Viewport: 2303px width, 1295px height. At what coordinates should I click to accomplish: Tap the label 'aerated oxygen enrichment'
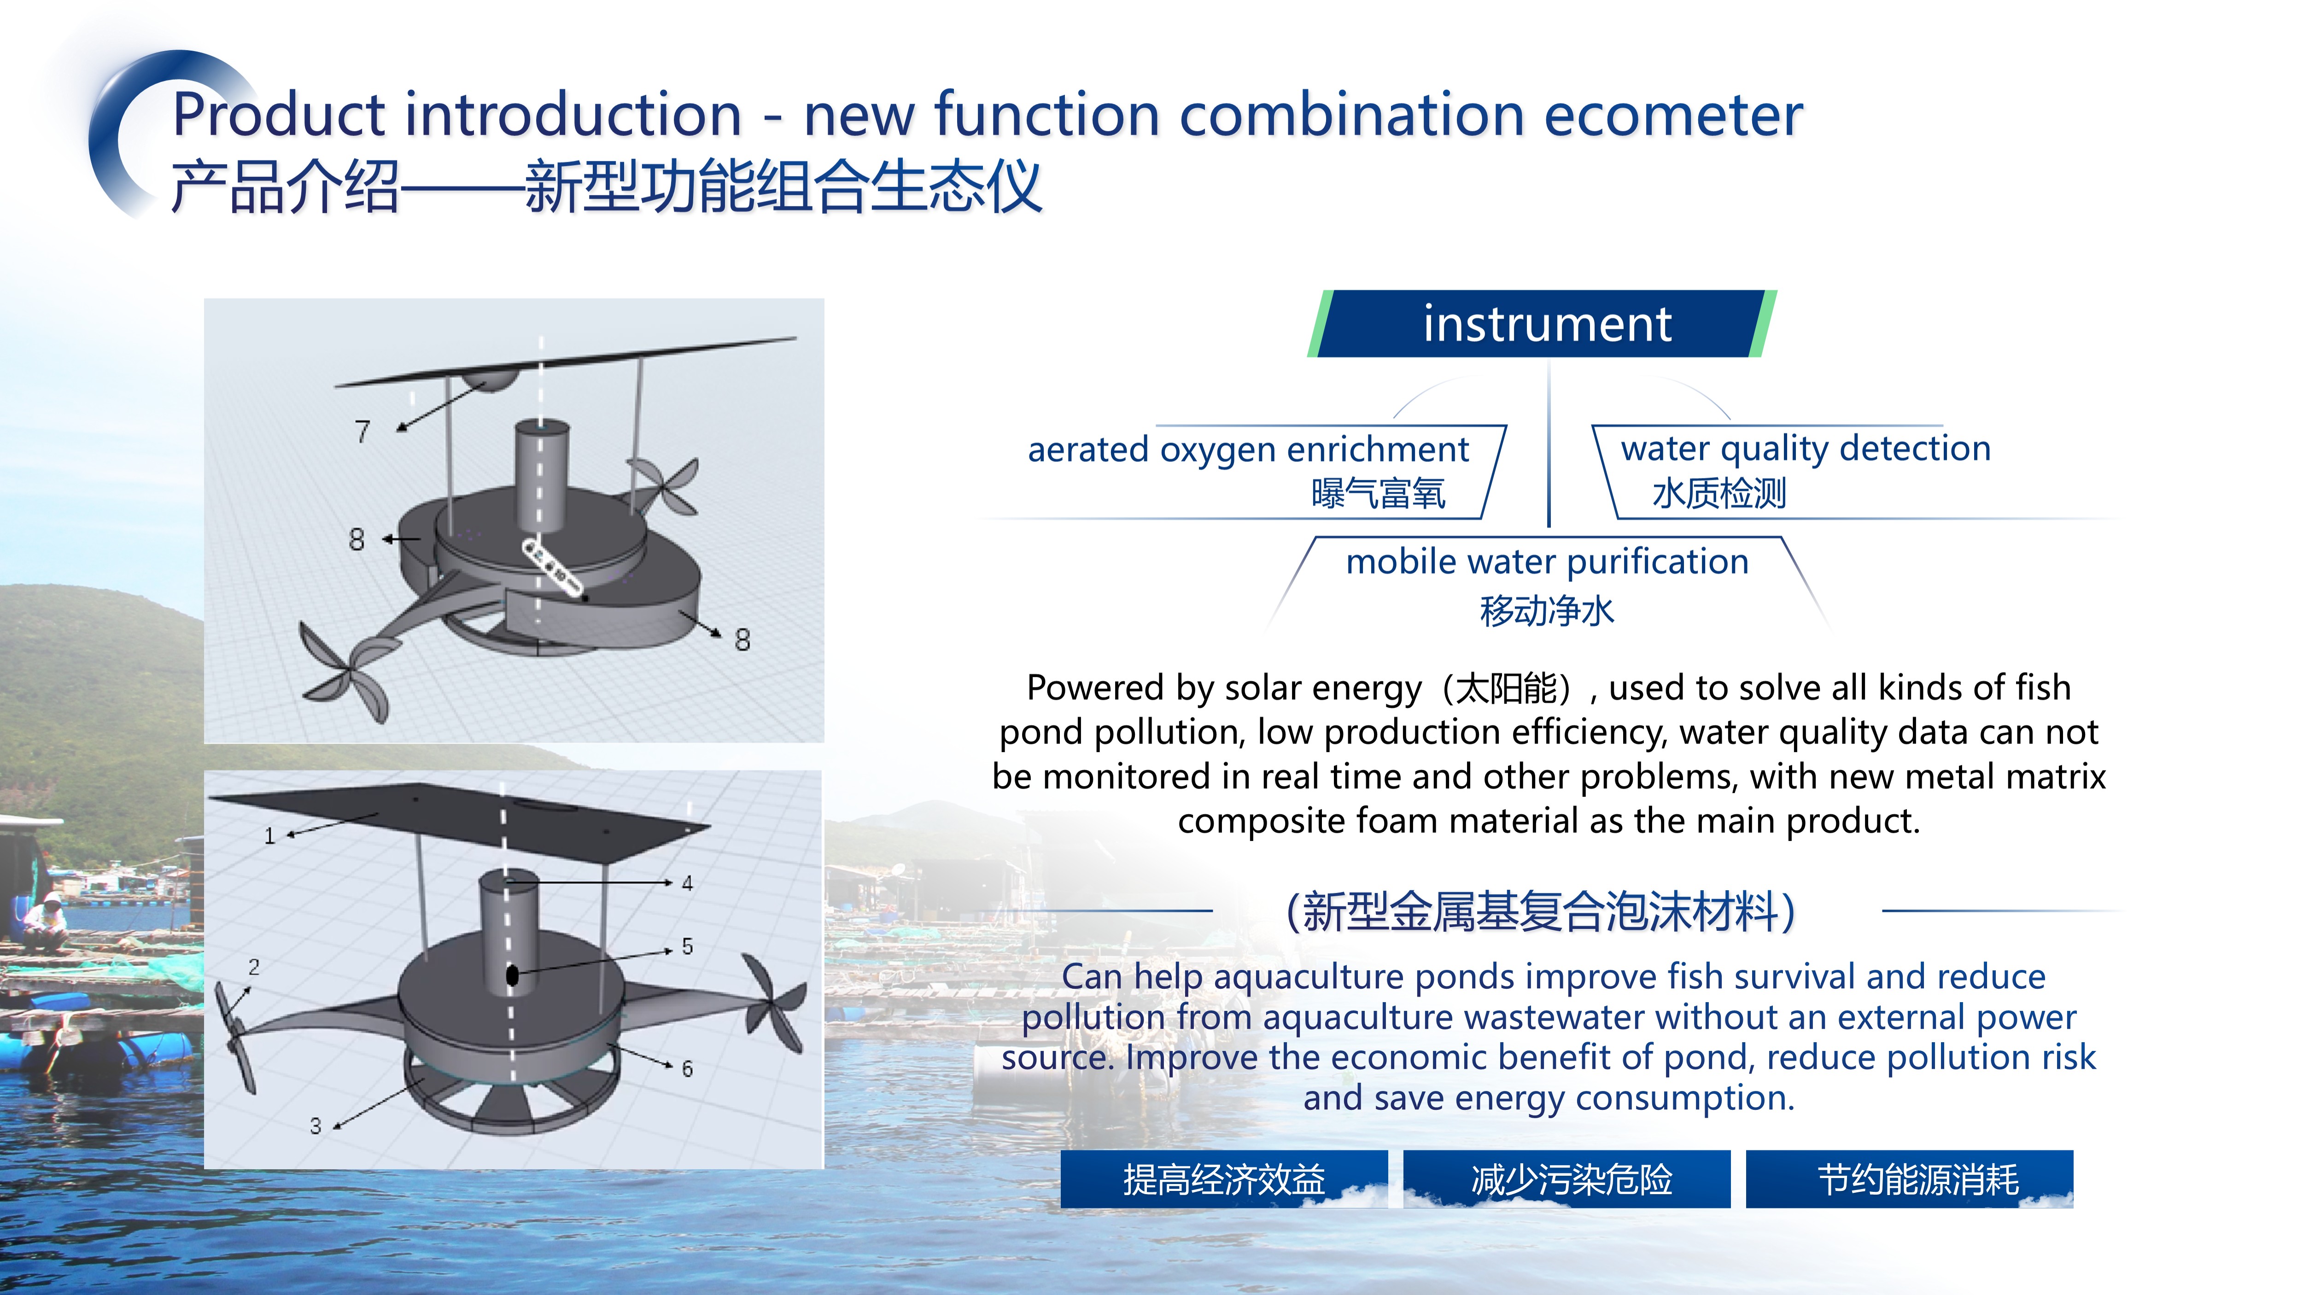coord(1248,449)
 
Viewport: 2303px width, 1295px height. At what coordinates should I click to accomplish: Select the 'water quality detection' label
coord(1806,448)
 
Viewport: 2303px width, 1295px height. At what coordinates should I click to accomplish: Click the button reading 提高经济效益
coord(1224,1179)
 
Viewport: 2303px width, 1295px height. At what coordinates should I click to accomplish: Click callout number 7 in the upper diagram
coord(362,432)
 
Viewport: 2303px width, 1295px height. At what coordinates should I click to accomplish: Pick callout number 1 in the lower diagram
coord(269,836)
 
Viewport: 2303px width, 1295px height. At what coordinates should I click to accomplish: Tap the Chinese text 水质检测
coord(1719,493)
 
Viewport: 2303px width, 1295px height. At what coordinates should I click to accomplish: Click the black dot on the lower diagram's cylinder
coord(512,975)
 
